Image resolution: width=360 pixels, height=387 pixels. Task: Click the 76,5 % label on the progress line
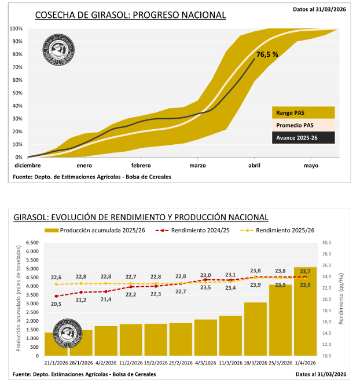pos(267,54)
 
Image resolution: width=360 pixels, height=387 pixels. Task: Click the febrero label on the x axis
pos(141,165)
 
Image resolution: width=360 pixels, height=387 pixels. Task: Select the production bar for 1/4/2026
pos(305,312)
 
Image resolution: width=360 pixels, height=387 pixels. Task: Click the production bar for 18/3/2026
pos(255,329)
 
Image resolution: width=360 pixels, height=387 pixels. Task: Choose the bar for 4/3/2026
pos(205,338)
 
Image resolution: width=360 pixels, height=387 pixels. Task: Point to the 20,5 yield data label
pos(56,304)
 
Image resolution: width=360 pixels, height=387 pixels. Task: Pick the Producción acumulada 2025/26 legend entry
pos(96,231)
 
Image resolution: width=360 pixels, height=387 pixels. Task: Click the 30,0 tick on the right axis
pos(325,243)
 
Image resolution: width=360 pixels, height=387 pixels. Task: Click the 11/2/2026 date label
pos(131,363)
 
